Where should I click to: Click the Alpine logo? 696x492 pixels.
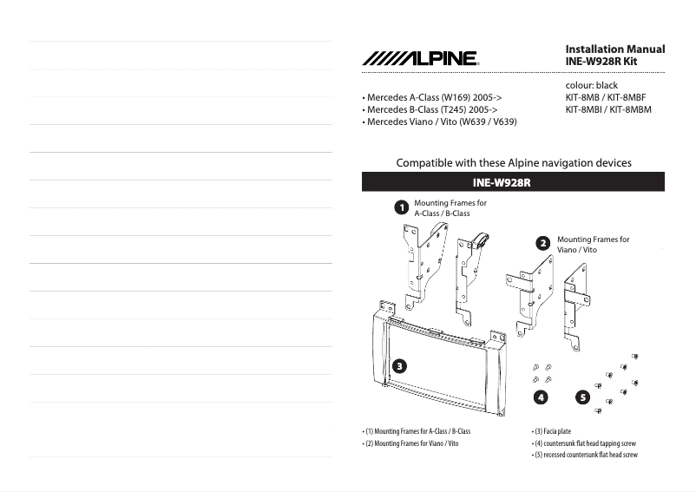tap(420, 58)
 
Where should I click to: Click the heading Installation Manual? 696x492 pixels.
tap(614, 49)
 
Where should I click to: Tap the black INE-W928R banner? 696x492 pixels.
tap(513, 182)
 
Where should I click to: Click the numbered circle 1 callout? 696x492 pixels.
tap(401, 208)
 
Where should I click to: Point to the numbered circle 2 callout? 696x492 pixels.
tap(543, 244)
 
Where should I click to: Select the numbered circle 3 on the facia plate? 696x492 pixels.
tap(399, 365)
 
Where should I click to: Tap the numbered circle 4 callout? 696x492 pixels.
tap(541, 397)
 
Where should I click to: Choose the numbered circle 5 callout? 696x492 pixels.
tap(582, 397)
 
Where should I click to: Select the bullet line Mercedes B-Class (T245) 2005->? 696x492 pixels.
tap(430, 110)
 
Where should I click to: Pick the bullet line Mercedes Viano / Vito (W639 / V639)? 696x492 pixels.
tap(439, 122)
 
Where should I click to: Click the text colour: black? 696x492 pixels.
tap(592, 86)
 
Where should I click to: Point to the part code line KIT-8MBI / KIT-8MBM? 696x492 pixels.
tap(608, 110)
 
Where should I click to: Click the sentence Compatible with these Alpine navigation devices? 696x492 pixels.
tap(513, 163)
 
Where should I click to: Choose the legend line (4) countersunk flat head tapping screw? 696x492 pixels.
tap(584, 443)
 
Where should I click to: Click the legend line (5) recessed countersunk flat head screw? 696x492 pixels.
tap(585, 455)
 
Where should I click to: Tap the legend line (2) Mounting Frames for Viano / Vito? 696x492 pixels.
tap(410, 443)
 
